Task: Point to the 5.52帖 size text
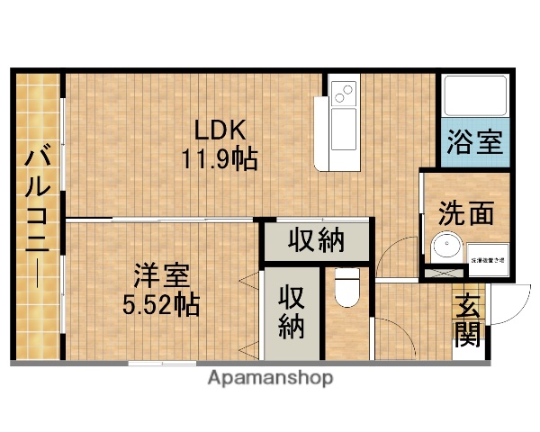coord(161,303)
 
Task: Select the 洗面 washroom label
coord(466,213)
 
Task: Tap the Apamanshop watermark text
coord(270,378)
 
